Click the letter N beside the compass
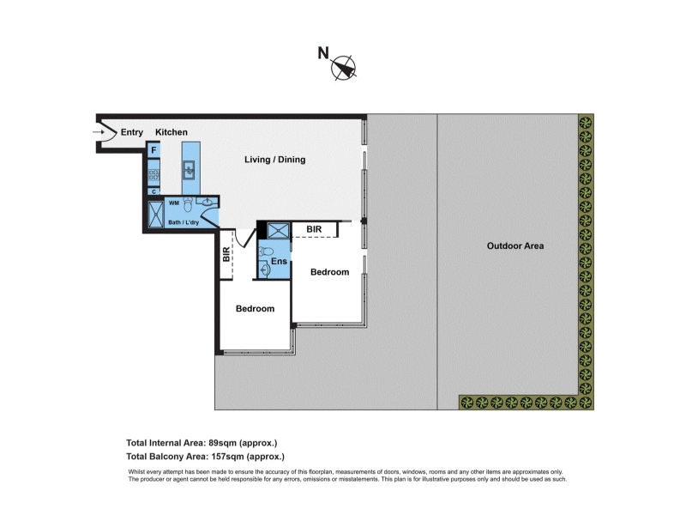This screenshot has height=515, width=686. click(323, 53)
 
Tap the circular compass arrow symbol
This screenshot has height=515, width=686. click(344, 68)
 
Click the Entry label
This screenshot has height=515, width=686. click(132, 132)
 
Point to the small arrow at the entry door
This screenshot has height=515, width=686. click(98, 132)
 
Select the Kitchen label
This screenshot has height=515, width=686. click(171, 132)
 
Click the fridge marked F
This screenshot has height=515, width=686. click(153, 150)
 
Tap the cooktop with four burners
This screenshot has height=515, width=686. click(153, 174)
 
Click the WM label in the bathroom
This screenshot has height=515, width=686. click(174, 203)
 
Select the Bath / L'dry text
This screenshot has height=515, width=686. click(184, 222)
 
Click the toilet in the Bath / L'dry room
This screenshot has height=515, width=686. click(188, 204)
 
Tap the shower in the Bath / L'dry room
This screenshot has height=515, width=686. click(156, 215)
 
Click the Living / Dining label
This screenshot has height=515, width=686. click(274, 160)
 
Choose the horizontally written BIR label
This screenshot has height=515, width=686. click(314, 229)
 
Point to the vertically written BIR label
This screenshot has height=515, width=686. click(226, 254)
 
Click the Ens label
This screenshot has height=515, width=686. click(279, 262)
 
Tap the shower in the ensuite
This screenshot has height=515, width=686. click(278, 231)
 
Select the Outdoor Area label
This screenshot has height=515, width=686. click(515, 246)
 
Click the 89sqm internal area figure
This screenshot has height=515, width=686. click(223, 443)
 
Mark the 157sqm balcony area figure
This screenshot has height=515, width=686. click(227, 457)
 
